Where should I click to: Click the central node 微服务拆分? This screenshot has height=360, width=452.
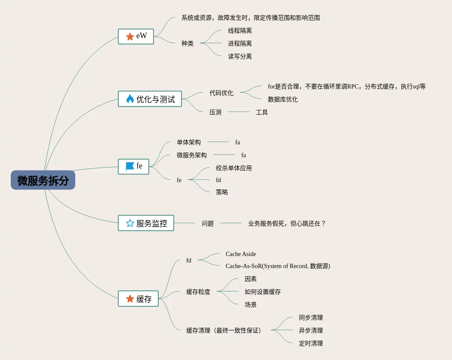click(43, 180)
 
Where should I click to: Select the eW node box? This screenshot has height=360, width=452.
click(136, 37)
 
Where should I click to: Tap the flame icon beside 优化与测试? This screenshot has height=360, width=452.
click(130, 99)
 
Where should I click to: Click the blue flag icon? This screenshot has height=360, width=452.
click(130, 166)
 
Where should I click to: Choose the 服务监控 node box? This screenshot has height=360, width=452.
click(146, 223)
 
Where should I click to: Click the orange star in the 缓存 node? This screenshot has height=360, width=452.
click(130, 299)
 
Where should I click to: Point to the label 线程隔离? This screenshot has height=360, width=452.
click(240, 31)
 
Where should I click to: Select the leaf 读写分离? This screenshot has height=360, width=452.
click(240, 57)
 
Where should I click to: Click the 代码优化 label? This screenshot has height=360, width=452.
click(221, 93)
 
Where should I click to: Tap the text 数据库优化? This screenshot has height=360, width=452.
click(283, 100)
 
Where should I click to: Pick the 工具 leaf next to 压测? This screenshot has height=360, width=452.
click(262, 113)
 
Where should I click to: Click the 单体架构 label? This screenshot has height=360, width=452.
click(189, 142)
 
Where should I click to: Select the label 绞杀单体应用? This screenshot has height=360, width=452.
click(234, 168)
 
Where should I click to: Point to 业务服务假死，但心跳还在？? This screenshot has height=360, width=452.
click(287, 223)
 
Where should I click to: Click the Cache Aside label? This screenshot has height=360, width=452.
click(241, 254)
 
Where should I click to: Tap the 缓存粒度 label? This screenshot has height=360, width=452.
click(198, 292)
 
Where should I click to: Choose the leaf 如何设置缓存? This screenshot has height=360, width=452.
click(263, 292)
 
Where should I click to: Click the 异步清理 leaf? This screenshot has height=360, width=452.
click(311, 331)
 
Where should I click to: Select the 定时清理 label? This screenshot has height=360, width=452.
click(311, 344)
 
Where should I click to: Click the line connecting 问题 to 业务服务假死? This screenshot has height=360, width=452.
click(231, 223)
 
